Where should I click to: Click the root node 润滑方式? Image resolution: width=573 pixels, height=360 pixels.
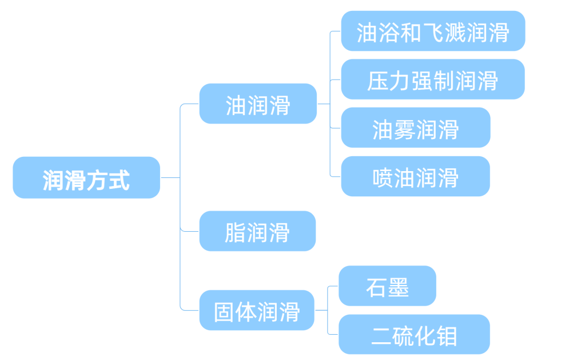pos(86,178)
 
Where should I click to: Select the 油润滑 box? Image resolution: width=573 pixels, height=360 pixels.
pos(258,104)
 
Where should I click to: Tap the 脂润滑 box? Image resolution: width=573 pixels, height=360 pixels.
pos(257,231)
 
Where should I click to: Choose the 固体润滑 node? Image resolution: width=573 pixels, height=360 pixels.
pos(257,311)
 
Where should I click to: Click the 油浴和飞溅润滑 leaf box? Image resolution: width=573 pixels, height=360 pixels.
pos(433,31)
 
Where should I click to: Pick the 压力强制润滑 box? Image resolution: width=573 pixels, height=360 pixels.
pos(433,80)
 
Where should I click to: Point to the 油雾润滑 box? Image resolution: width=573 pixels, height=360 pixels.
pos(416,128)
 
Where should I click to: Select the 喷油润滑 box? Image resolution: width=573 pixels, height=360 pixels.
pos(416,177)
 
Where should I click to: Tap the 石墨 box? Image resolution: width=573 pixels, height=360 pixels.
pos(387,286)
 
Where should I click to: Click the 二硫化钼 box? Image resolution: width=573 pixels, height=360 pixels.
pos(414,335)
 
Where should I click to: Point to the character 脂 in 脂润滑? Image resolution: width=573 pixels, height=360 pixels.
pos(235,232)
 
